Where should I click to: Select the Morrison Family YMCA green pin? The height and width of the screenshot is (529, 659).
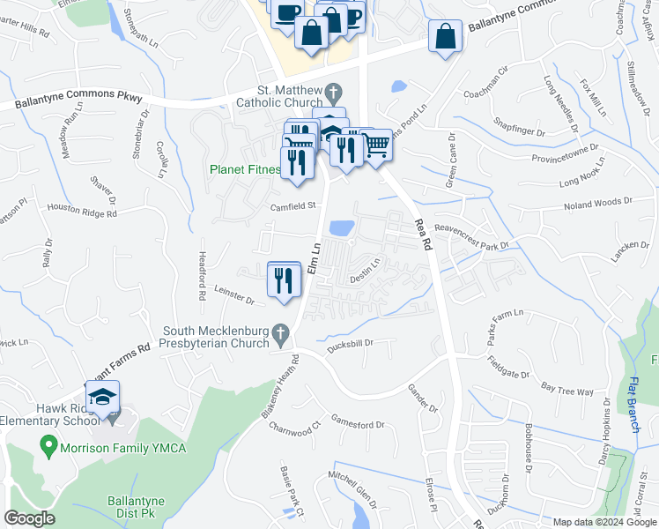49,447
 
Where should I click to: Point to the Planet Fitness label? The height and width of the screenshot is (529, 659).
245,169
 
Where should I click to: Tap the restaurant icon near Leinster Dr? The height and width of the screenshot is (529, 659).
284,279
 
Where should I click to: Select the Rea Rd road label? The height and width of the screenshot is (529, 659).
425,237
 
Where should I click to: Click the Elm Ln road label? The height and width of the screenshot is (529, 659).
315,257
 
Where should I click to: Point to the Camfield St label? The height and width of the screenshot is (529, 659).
293,205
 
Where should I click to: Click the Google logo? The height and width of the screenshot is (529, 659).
30,518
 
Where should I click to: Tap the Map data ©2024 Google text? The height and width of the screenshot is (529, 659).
605,522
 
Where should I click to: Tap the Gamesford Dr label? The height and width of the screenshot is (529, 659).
357,423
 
